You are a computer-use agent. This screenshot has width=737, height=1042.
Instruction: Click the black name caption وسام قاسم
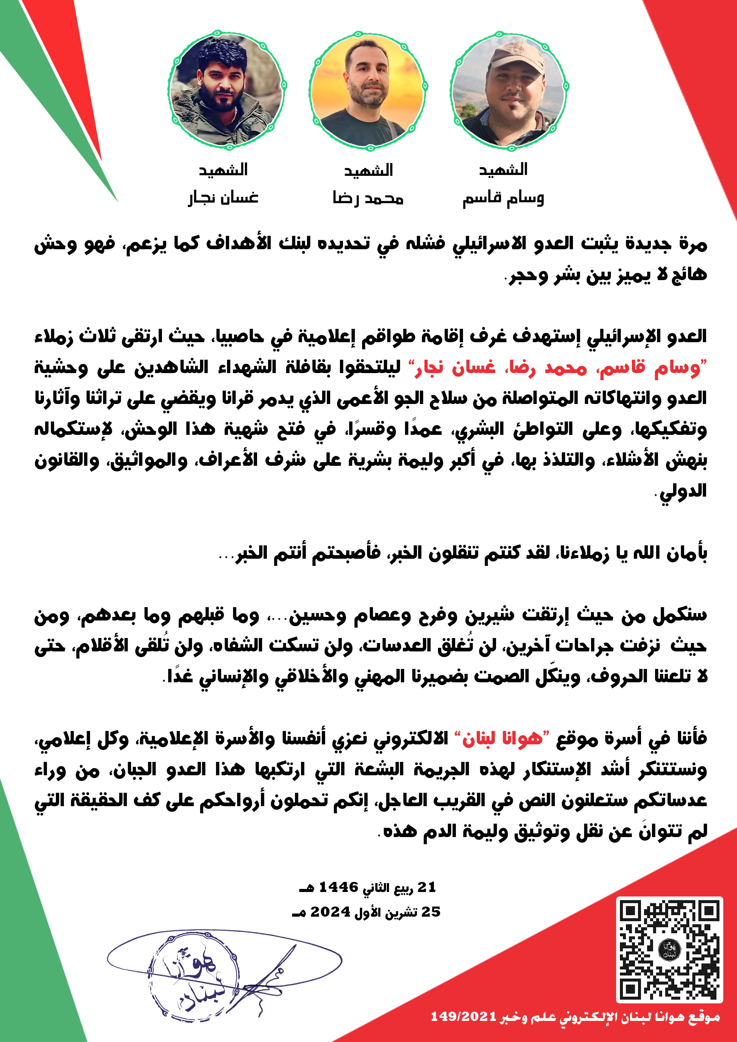tap(503, 198)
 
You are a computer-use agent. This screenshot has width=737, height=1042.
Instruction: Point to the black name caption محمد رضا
tap(368, 198)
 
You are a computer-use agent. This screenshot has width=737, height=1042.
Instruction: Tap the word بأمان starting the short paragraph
tap(686, 553)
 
